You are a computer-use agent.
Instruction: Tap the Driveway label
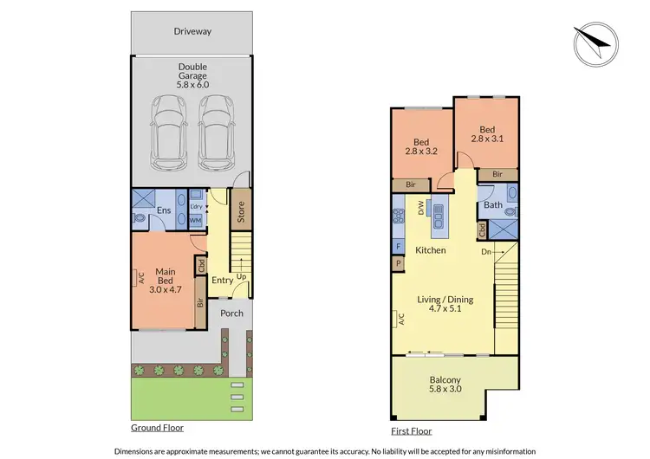(192, 31)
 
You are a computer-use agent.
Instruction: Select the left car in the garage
(168, 132)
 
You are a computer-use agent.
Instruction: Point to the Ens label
(163, 210)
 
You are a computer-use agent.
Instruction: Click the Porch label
(231, 313)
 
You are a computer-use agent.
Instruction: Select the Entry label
(222, 280)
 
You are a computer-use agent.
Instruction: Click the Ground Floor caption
(157, 428)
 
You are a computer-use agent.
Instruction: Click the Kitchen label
(430, 250)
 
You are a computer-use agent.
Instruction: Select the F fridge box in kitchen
(399, 247)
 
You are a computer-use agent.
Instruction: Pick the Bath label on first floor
(492, 205)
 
